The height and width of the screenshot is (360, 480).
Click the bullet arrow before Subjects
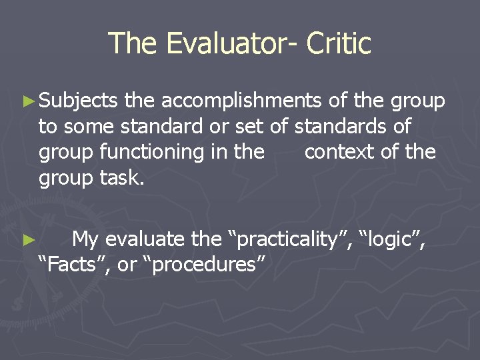[27, 101]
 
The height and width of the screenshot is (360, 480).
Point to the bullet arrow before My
[27, 239]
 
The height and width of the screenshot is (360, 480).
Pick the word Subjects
[79, 101]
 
